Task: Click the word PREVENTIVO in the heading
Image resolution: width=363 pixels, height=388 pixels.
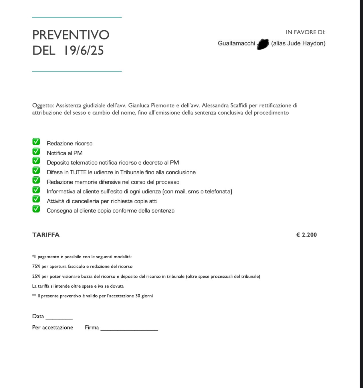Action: coord(71,35)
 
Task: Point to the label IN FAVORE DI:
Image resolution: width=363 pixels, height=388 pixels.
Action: coord(305,32)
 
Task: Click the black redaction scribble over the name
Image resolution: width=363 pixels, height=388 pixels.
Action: coord(263,44)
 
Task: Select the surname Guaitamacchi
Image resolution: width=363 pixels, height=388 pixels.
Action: coord(236,43)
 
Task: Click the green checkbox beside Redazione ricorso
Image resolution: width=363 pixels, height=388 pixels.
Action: coord(36,142)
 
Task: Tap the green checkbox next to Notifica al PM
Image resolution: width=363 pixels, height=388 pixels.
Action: coord(36,151)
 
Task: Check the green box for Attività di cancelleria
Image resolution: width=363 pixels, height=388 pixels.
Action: coord(36,199)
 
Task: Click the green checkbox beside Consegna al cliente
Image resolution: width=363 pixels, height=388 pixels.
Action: coord(36,209)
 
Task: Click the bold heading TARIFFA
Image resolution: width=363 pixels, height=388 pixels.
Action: coord(46,235)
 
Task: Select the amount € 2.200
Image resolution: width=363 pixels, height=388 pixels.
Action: coord(306,235)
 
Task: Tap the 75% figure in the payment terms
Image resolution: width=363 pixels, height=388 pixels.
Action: coord(36,267)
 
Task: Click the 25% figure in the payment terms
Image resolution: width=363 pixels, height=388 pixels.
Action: coord(36,277)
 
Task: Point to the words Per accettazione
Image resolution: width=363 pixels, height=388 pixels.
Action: coord(53,327)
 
